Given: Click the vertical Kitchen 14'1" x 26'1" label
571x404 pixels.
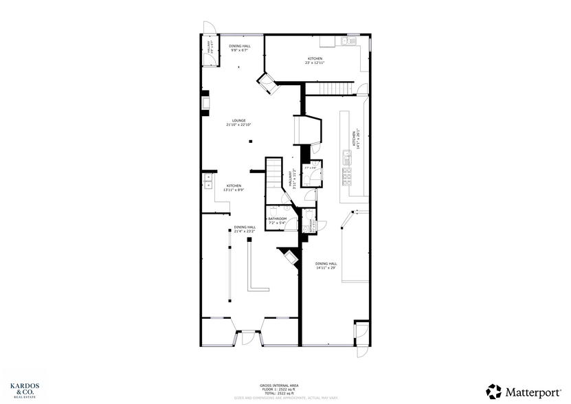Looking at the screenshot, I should (355, 139).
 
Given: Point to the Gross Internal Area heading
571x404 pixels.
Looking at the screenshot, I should (284, 386).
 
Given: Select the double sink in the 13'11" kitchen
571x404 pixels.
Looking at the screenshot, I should (207, 182).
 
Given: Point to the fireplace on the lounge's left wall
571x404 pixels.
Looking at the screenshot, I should (205, 103).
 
